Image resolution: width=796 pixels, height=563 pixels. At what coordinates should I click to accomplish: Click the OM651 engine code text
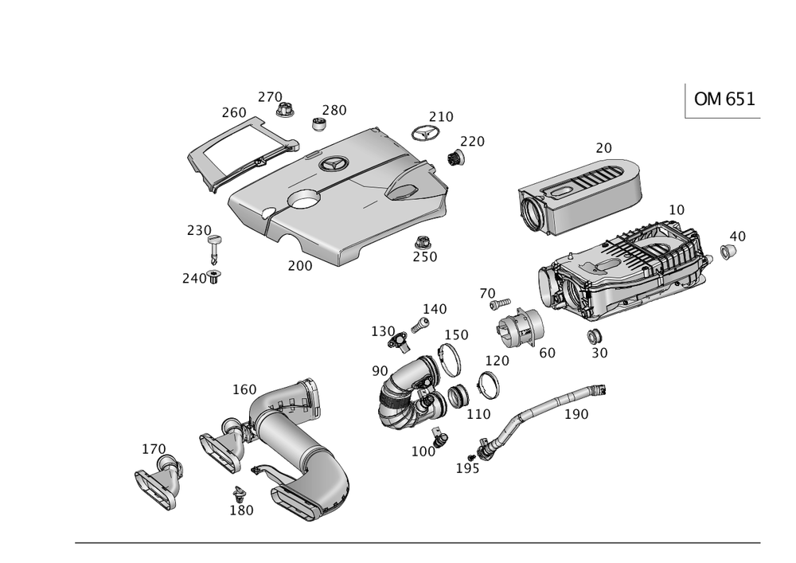point(724,99)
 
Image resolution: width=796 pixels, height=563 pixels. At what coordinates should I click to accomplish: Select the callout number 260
point(232,113)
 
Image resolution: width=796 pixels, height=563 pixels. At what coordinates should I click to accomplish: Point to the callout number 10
point(676,210)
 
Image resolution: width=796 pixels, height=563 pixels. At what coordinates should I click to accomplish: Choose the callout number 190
point(576,414)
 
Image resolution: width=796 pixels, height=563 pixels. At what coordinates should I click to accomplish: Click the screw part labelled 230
point(216,244)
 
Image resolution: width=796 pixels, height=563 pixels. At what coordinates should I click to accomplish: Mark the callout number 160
point(244,389)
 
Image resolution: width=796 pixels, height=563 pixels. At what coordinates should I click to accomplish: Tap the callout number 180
point(241,510)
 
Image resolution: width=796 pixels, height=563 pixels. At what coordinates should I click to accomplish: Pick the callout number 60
point(546,352)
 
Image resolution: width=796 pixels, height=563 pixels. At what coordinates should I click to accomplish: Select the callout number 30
point(599,352)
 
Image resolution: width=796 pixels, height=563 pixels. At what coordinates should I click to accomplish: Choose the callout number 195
point(467,468)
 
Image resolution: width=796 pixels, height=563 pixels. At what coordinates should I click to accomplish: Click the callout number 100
point(423,452)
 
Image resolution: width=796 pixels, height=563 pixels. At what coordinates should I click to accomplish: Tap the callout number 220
point(473,142)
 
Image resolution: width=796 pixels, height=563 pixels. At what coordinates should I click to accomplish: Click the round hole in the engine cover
point(303,200)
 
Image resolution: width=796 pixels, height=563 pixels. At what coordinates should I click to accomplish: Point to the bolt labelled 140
point(419,323)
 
